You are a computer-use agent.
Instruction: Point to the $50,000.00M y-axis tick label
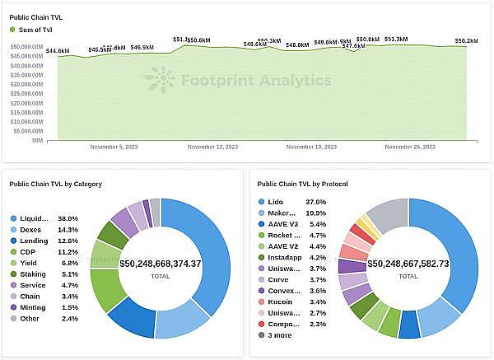pos(27,48)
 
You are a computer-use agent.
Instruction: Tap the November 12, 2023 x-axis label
pos(212,147)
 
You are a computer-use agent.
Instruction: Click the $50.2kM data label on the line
pos(466,40)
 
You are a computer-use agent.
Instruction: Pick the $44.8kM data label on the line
pos(58,51)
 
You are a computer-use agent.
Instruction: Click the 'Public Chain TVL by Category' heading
pos(55,184)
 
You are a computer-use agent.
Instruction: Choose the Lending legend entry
pos(33,241)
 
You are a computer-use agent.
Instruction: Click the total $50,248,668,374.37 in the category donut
pos(161,264)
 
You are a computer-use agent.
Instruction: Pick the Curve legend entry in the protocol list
pos(277,279)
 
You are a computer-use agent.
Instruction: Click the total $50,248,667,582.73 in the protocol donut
pos(409,264)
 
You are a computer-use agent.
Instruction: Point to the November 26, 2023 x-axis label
pos(410,147)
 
